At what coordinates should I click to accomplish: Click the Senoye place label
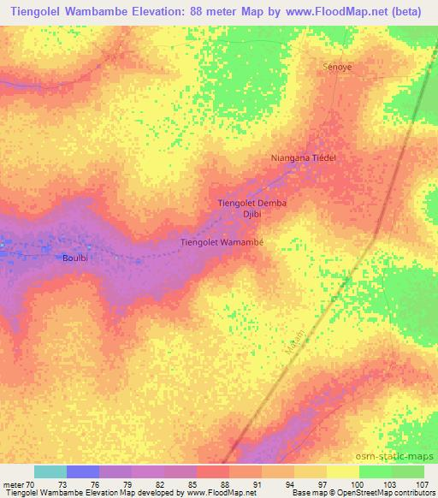click(x=336, y=65)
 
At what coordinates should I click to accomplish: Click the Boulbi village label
click(x=75, y=257)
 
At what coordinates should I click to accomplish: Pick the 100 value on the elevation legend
click(x=343, y=483)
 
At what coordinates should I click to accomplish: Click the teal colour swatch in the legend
click(x=50, y=471)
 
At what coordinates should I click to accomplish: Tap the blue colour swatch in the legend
click(x=83, y=471)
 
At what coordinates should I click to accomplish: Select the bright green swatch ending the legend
click(x=408, y=471)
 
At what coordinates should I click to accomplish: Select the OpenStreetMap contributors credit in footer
click(x=383, y=493)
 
